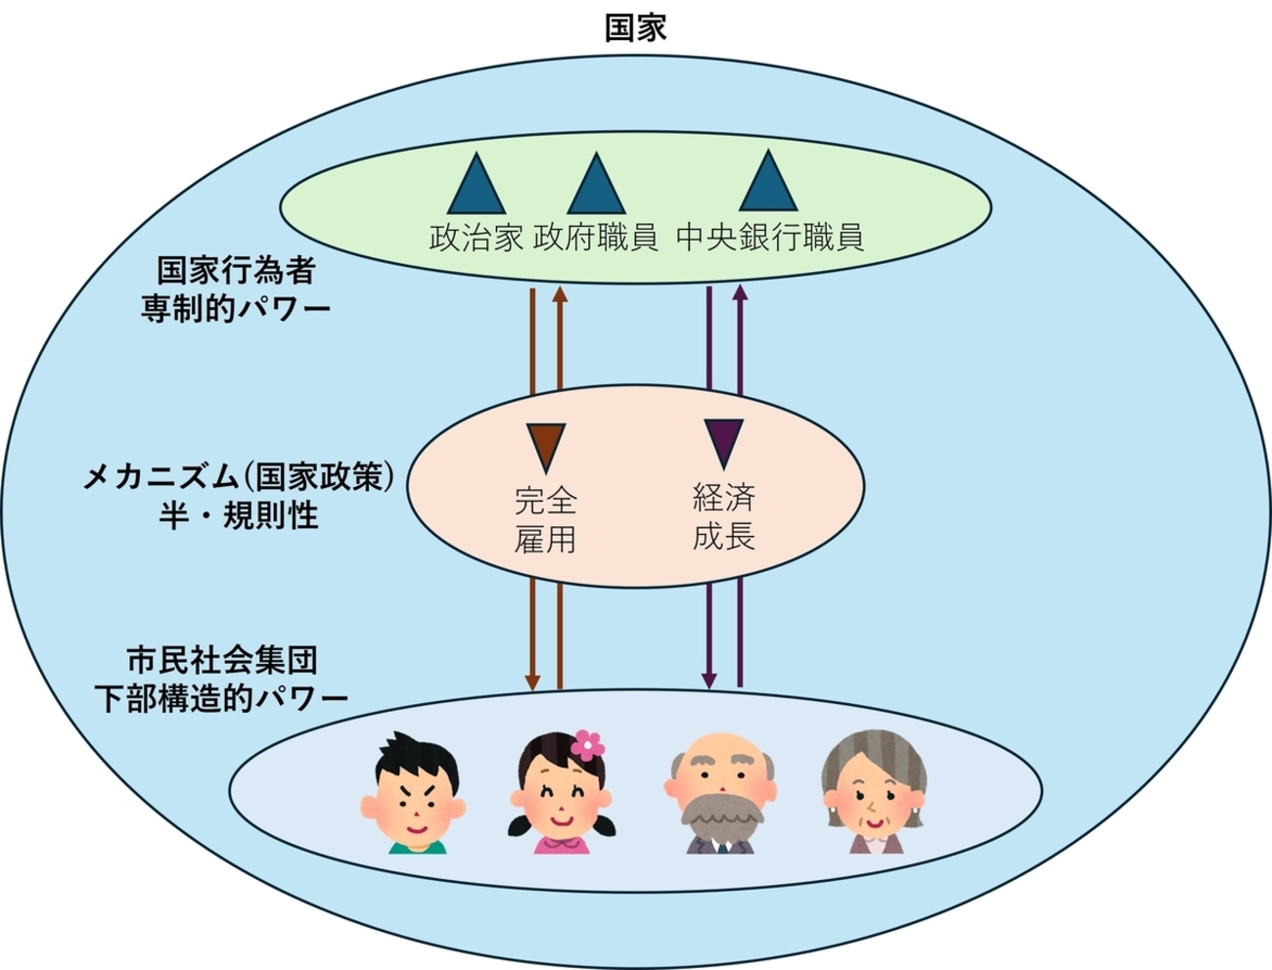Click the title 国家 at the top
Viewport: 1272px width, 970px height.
[635, 27]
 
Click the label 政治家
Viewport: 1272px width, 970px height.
[477, 238]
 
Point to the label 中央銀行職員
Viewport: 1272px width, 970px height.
[770, 238]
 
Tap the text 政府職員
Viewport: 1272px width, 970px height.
[596, 238]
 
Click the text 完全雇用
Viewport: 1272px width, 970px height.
[545, 520]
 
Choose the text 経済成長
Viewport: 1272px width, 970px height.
[724, 516]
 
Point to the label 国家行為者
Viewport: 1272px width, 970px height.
[236, 270]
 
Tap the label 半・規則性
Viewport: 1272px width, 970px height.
[239, 515]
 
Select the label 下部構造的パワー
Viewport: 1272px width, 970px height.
[221, 698]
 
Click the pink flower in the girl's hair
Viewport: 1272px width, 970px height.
[587, 746]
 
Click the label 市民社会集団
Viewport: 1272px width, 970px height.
[223, 660]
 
